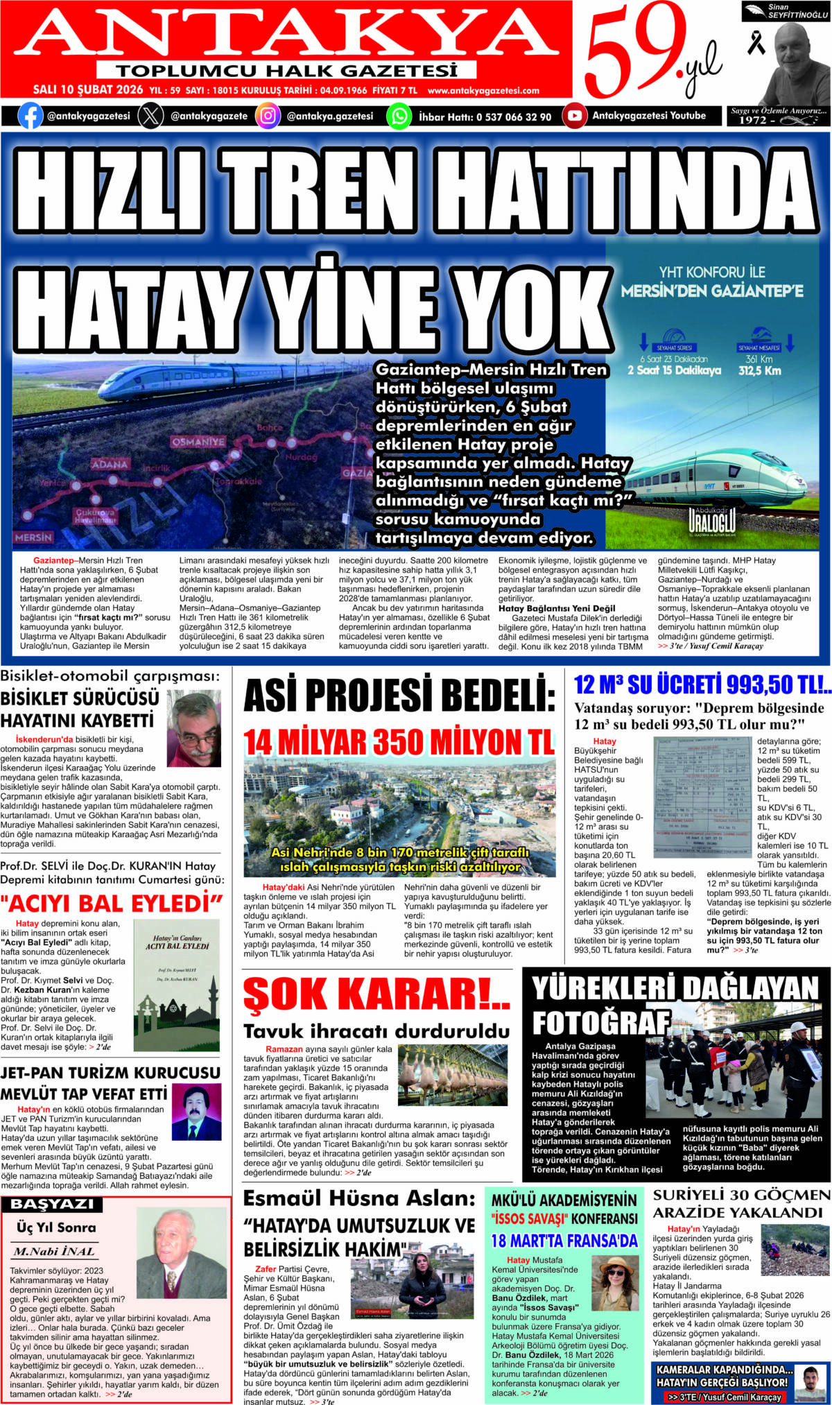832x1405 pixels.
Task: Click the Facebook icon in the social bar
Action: pyautogui.click(x=30, y=116)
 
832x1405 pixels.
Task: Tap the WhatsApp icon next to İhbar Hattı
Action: pyautogui.click(x=399, y=116)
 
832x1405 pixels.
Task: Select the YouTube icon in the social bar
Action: pyautogui.click(x=574, y=116)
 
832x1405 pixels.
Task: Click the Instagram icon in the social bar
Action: pyautogui.click(x=268, y=116)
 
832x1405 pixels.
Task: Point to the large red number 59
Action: pyautogui.click(x=627, y=52)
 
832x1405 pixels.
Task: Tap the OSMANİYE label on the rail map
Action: pyautogui.click(x=198, y=442)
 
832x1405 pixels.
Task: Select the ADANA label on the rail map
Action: pyautogui.click(x=110, y=464)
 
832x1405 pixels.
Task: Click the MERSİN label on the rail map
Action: pyautogui.click(x=33, y=537)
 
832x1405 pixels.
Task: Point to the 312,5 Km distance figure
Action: pyautogui.click(x=759, y=371)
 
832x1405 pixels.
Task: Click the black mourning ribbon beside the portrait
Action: pyautogui.click(x=755, y=42)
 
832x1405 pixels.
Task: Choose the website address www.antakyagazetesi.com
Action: pyautogui.click(x=483, y=90)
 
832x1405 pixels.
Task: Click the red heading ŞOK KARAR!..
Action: pyautogui.click(x=376, y=995)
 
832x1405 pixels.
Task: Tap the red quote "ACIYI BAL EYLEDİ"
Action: pyautogui.click(x=111, y=903)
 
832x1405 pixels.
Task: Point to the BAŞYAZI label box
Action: pyautogui.click(x=52, y=1204)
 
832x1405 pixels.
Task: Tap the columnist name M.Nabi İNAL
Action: pyautogui.click(x=54, y=1251)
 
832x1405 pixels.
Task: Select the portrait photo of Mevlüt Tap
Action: pyautogui.click(x=196, y=1112)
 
